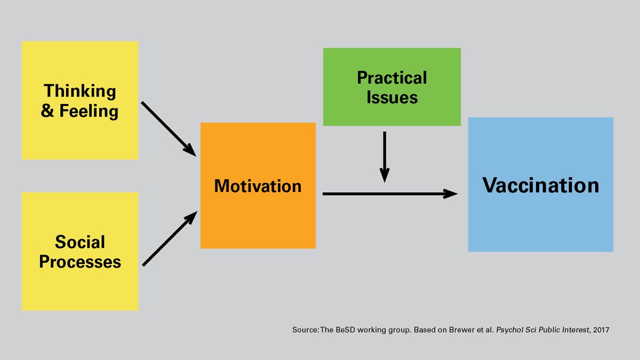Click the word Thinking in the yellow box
click(x=80, y=91)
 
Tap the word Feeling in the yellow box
click(x=89, y=111)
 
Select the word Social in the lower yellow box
click(x=80, y=242)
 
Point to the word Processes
click(x=80, y=262)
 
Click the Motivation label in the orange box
click(x=258, y=186)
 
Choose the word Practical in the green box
click(x=392, y=78)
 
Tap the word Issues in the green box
click(x=392, y=98)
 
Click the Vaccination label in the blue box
click(x=541, y=186)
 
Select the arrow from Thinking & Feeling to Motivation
click(x=169, y=129)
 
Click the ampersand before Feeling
click(x=47, y=112)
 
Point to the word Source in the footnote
click(x=305, y=331)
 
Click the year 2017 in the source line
click(x=600, y=331)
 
